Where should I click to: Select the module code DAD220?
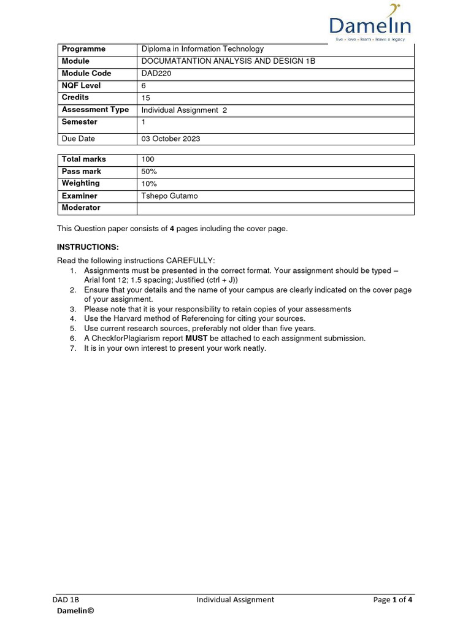[x=157, y=74]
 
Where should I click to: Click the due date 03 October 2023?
[x=170, y=139]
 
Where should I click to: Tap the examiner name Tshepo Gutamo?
[x=169, y=196]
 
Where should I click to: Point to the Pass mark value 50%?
[x=149, y=172]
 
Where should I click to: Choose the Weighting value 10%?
[x=149, y=184]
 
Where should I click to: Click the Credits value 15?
[x=145, y=98]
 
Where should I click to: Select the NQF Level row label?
[x=81, y=86]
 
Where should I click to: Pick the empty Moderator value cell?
[x=275, y=209]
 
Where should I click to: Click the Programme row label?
[x=83, y=49]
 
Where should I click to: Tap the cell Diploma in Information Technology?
[x=202, y=49]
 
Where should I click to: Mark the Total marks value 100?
[x=148, y=159]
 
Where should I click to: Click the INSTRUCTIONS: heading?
[x=88, y=247]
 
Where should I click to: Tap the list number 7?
[x=72, y=348]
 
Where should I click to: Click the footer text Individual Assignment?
[x=235, y=600]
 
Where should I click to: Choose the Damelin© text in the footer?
[x=75, y=611]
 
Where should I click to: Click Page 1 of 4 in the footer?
[x=392, y=600]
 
